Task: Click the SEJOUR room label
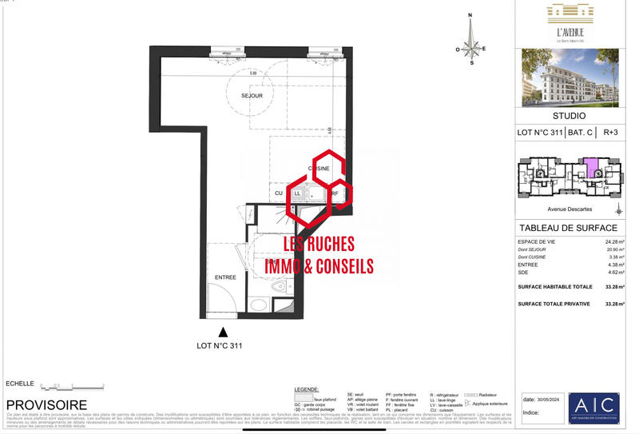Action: point(252,95)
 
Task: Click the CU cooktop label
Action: point(278,193)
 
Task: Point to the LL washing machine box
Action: point(298,193)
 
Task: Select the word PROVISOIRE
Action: point(46,405)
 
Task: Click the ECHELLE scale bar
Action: point(73,386)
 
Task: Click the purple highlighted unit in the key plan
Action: point(591,169)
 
